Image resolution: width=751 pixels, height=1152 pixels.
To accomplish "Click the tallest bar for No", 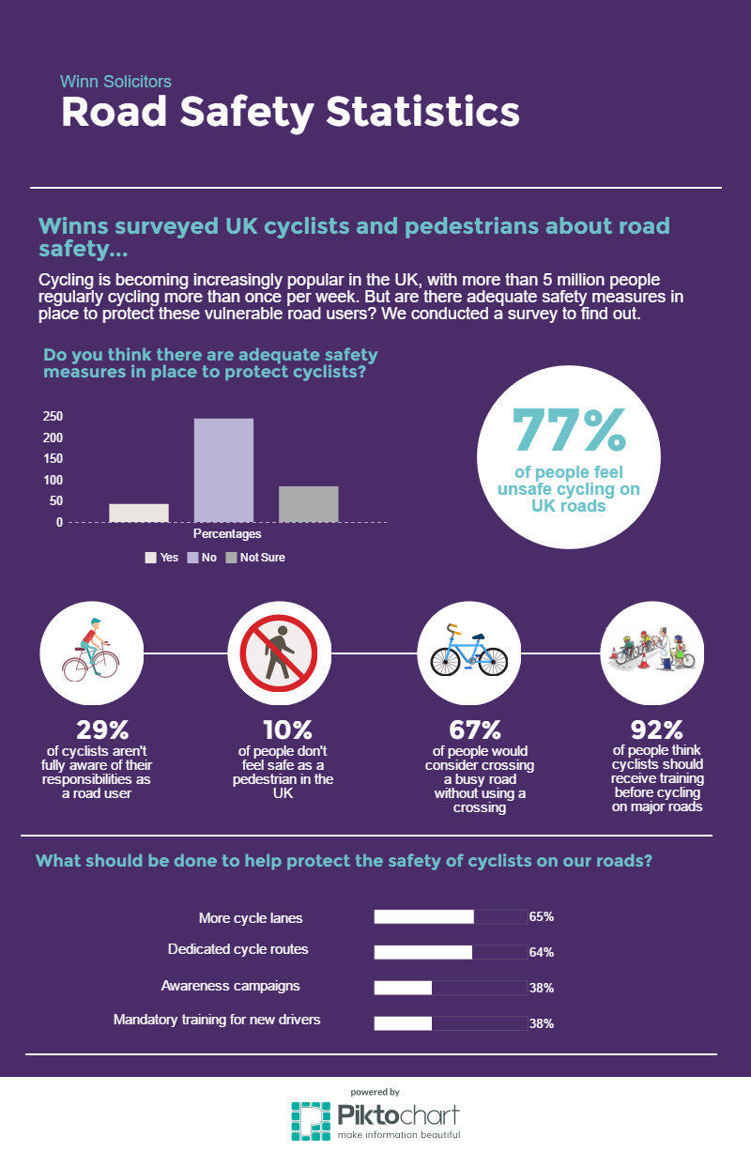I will [223, 469].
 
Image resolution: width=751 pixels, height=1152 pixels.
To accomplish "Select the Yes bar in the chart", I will [139, 513].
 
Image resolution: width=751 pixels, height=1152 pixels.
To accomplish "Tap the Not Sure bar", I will [308, 503].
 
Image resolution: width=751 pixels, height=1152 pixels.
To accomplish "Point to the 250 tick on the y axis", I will [53, 417].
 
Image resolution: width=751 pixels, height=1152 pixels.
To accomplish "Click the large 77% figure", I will [569, 430].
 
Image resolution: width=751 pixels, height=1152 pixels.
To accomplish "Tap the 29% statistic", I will [102, 729].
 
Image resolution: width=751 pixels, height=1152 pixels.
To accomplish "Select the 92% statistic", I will [656, 729].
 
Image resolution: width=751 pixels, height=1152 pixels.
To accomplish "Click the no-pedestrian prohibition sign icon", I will [279, 653].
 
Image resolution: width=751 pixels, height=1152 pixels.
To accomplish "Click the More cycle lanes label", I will [251, 917].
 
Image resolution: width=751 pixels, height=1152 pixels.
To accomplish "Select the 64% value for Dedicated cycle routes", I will [541, 952].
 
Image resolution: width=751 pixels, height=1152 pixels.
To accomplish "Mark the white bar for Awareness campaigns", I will [403, 988].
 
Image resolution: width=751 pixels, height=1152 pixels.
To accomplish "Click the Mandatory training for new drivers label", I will [217, 1019].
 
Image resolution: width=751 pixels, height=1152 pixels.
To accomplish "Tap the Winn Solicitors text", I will [115, 82].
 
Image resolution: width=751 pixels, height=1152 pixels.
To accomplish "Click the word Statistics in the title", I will [422, 113].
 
